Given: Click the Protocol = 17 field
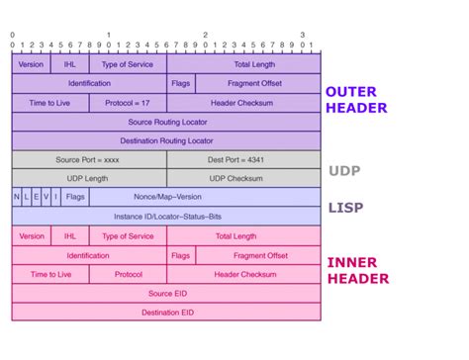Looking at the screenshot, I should tap(128, 103).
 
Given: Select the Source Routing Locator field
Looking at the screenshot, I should tap(166, 122).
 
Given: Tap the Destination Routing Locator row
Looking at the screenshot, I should tap(166, 140).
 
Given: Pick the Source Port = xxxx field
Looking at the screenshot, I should tap(89, 159).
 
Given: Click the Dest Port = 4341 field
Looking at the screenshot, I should tap(243, 159).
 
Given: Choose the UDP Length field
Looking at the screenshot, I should tap(89, 178).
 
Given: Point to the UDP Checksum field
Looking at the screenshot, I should tap(243, 178).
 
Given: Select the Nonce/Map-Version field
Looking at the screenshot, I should tap(205, 197).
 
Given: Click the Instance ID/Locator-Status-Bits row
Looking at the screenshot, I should tap(166, 216).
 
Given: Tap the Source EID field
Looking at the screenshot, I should tap(166, 293).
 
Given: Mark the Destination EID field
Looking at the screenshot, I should tap(166, 313).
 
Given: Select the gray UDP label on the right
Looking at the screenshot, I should tap(345, 170).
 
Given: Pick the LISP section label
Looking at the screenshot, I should tap(345, 209).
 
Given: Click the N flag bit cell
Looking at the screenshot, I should tap(17, 197).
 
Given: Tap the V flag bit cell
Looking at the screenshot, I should tap(46, 197).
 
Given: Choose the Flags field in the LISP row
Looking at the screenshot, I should tap(75, 197).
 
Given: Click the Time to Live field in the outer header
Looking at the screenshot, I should tap(50, 103).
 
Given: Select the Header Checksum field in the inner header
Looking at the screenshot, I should tap(243, 274).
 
